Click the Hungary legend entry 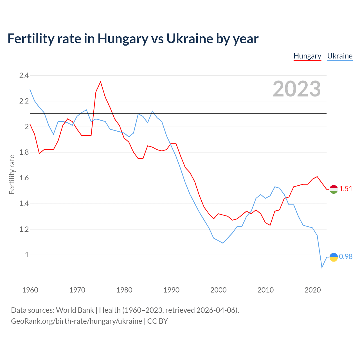pos(307,56)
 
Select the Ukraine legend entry pos(340,56)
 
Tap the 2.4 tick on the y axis pos(24,75)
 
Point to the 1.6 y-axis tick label pos(24,178)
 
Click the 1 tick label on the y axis pos(27,255)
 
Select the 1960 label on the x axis pos(30,290)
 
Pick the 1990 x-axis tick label pos(171,290)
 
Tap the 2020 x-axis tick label pos(312,290)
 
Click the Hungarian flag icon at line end pos(334,189)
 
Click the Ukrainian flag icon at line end pos(334,257)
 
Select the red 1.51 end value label pos(346,189)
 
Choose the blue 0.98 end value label pos(346,256)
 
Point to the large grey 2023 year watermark pos(297,89)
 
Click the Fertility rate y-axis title pos(12,174)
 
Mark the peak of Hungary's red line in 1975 pos(100,82)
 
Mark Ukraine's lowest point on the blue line pos(322,267)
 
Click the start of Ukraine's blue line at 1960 pos(30,90)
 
